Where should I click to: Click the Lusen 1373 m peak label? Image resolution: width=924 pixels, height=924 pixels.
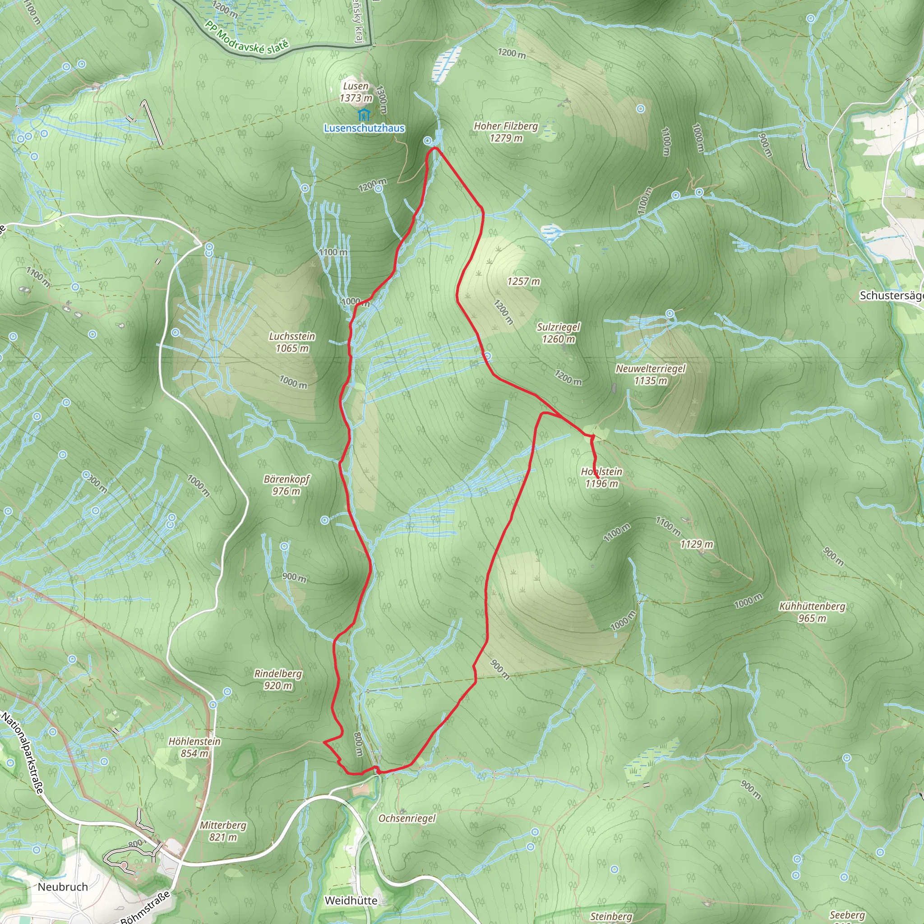pos(356,92)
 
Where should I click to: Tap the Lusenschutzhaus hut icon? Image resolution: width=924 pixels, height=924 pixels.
pos(364,115)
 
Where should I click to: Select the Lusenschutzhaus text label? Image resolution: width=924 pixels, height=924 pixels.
pos(364,128)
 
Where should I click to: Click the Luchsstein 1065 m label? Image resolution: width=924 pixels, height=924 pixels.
pos(292,342)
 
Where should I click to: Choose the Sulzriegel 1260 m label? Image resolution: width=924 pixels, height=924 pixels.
pos(558,333)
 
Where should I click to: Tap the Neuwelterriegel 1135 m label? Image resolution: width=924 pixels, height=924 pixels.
pos(651,374)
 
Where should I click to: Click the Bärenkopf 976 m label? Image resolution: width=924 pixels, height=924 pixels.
pos(286,485)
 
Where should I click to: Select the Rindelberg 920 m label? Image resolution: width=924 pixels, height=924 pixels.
pos(278,679)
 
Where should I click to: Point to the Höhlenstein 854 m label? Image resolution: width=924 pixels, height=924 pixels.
pos(194,747)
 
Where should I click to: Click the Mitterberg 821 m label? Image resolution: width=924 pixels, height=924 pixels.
pos(223,831)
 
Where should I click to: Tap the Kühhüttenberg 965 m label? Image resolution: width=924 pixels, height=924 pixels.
pos(812,612)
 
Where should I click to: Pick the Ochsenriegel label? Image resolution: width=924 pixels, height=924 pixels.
pos(407,818)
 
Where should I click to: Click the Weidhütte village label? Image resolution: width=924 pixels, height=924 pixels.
pos(351,901)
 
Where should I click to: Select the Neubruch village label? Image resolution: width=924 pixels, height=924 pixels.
pos(63,887)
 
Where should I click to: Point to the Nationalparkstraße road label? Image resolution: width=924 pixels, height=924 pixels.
pos(23,753)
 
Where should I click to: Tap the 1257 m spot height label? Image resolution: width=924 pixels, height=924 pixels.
pos(524,281)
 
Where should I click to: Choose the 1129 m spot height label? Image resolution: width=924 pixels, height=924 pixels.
pos(696,544)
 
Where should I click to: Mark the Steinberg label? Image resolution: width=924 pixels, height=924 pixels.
pos(611,916)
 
